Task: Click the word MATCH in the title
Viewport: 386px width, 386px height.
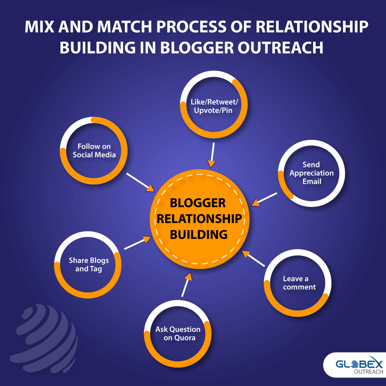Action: point(124,27)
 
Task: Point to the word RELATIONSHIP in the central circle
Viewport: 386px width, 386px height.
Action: point(199,219)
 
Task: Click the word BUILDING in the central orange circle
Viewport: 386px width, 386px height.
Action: point(199,234)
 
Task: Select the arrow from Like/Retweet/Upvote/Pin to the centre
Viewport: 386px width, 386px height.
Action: point(212,155)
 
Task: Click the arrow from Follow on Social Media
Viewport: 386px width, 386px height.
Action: point(141,182)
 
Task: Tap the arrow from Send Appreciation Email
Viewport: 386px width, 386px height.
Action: point(264,199)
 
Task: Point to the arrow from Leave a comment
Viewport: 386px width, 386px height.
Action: point(253,258)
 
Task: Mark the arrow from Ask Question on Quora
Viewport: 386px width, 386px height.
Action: point(187,284)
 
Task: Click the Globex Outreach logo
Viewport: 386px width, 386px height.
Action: point(355,365)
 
